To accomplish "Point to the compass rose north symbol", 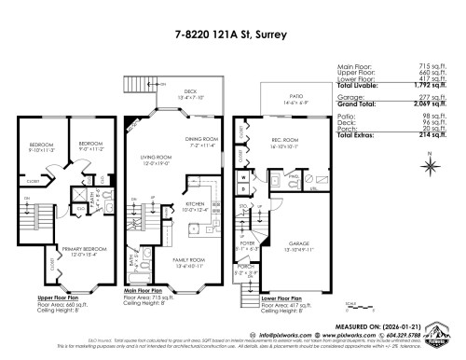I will tap(432, 165).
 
